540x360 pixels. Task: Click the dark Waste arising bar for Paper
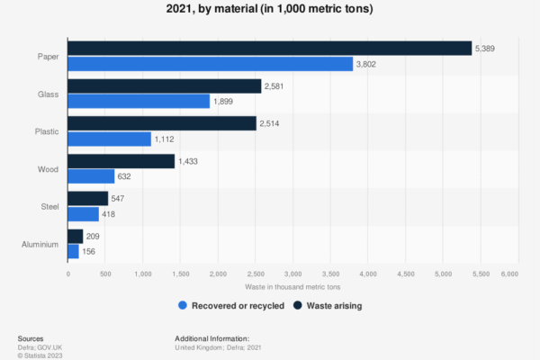click(x=270, y=49)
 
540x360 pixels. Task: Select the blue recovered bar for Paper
click(x=211, y=64)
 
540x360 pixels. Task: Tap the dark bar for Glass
click(x=165, y=86)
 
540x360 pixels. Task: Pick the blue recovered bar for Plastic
click(x=110, y=139)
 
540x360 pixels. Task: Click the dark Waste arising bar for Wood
click(x=121, y=161)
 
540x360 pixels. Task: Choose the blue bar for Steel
click(x=84, y=213)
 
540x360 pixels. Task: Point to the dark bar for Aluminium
click(x=76, y=236)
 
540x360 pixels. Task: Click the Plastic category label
click(x=45, y=131)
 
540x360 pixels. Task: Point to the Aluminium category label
click(x=40, y=244)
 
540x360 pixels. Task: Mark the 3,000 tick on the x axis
click(x=292, y=273)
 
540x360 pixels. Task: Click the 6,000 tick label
click(x=510, y=273)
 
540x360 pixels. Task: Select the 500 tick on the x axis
click(x=105, y=273)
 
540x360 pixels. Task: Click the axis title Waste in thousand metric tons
click(x=289, y=286)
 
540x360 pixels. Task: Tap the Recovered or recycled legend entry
click(x=232, y=306)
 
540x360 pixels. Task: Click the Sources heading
click(x=31, y=337)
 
